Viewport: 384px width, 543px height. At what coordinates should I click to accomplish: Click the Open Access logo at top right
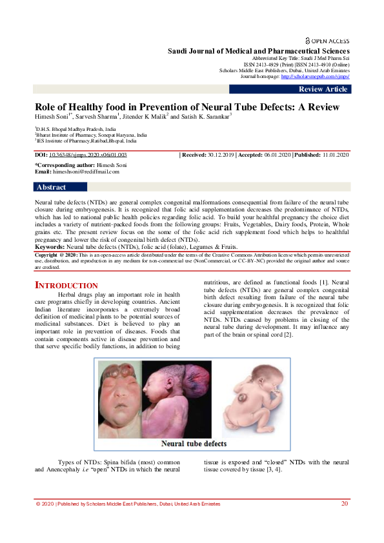click(x=327, y=40)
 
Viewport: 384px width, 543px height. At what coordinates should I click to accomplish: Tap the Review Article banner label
click(x=323, y=89)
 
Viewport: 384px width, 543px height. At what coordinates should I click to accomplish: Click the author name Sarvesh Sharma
click(x=97, y=117)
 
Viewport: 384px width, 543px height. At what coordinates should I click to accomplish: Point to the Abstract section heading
click(x=52, y=187)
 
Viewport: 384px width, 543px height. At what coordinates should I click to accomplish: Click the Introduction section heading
click(x=66, y=285)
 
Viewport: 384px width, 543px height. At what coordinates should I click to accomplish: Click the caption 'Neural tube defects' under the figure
click(x=194, y=444)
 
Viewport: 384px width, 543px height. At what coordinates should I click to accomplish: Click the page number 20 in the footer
click(x=345, y=503)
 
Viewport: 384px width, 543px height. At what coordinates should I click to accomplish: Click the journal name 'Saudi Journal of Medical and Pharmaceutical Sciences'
click(x=259, y=51)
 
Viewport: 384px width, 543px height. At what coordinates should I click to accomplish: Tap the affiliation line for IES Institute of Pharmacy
click(x=86, y=139)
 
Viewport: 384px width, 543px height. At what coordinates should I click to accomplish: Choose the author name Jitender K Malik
click(x=146, y=117)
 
